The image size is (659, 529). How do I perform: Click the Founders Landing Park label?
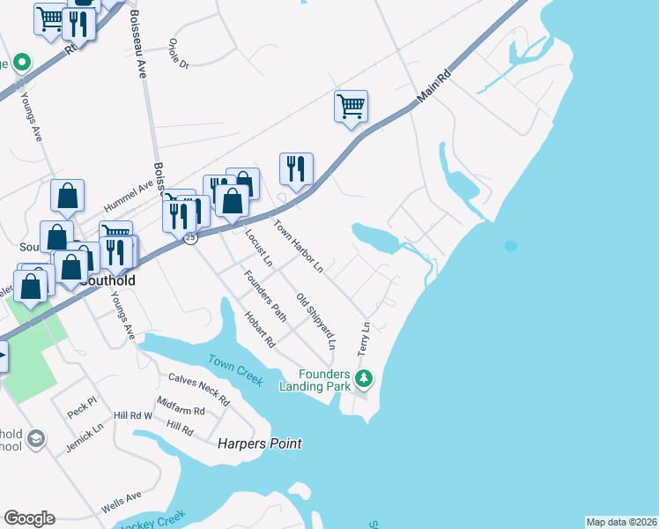point(314,379)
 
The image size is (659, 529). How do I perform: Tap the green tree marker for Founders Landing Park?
point(364,379)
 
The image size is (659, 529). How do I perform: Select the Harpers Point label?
point(260,443)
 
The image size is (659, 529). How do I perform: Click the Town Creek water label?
point(235,369)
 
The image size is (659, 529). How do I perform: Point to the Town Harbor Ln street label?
point(300,245)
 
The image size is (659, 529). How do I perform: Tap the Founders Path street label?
point(265,294)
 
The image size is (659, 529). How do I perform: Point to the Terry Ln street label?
point(364,339)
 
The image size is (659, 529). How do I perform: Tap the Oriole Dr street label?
point(185,52)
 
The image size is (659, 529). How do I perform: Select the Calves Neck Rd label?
point(198,388)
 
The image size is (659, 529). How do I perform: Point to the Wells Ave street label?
point(121,502)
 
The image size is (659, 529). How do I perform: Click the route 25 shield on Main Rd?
point(189,238)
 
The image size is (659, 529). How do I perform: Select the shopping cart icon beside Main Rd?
point(351,107)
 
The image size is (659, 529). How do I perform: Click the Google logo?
point(29,518)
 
